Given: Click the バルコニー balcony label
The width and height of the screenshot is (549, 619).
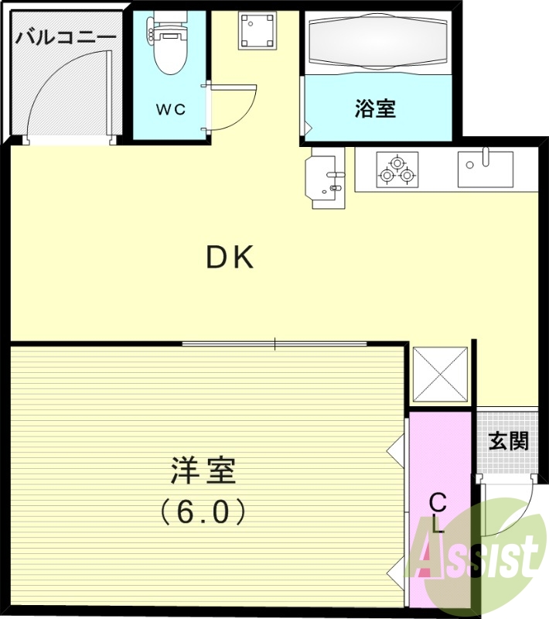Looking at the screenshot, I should click(x=66, y=36).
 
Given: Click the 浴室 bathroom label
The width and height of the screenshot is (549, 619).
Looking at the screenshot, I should click(x=375, y=109).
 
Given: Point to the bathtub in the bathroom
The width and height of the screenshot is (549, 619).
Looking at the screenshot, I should click(x=377, y=43).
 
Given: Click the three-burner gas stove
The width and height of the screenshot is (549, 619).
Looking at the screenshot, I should click(x=396, y=170).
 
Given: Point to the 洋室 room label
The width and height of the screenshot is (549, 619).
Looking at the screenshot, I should click(x=203, y=469).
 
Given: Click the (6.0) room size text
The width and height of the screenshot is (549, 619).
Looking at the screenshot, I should click(x=203, y=511).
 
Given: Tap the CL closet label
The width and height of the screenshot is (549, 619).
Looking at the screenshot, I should click(x=438, y=513).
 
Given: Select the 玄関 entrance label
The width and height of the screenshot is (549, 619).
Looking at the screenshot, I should click(x=508, y=441).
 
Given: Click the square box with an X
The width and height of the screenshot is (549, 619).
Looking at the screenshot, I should click(x=440, y=374).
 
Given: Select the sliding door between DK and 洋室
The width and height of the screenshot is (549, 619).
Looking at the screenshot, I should click(x=274, y=343).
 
